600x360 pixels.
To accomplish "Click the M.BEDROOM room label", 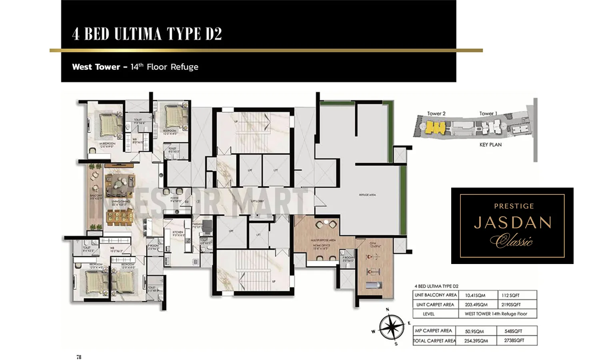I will [107, 144].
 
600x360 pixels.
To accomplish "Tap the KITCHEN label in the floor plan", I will [178, 232].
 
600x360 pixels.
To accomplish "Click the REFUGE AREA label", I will [367, 195].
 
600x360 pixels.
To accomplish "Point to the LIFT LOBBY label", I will [257, 201].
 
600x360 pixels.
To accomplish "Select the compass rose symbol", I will [391, 327].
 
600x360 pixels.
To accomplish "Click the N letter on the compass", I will [387, 309].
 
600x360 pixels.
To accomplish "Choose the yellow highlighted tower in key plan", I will [435, 128].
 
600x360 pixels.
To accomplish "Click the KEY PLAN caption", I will [490, 145].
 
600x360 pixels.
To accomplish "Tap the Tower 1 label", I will [488, 114].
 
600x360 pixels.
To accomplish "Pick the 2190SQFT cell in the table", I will [511, 305].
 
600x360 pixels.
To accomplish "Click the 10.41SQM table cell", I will [475, 296].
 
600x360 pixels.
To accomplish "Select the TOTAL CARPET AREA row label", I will [435, 341].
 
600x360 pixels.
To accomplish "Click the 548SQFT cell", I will [513, 331].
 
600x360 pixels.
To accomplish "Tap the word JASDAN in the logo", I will [512, 223].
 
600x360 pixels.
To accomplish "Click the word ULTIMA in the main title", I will [138, 34].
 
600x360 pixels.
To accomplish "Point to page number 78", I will [79, 357].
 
